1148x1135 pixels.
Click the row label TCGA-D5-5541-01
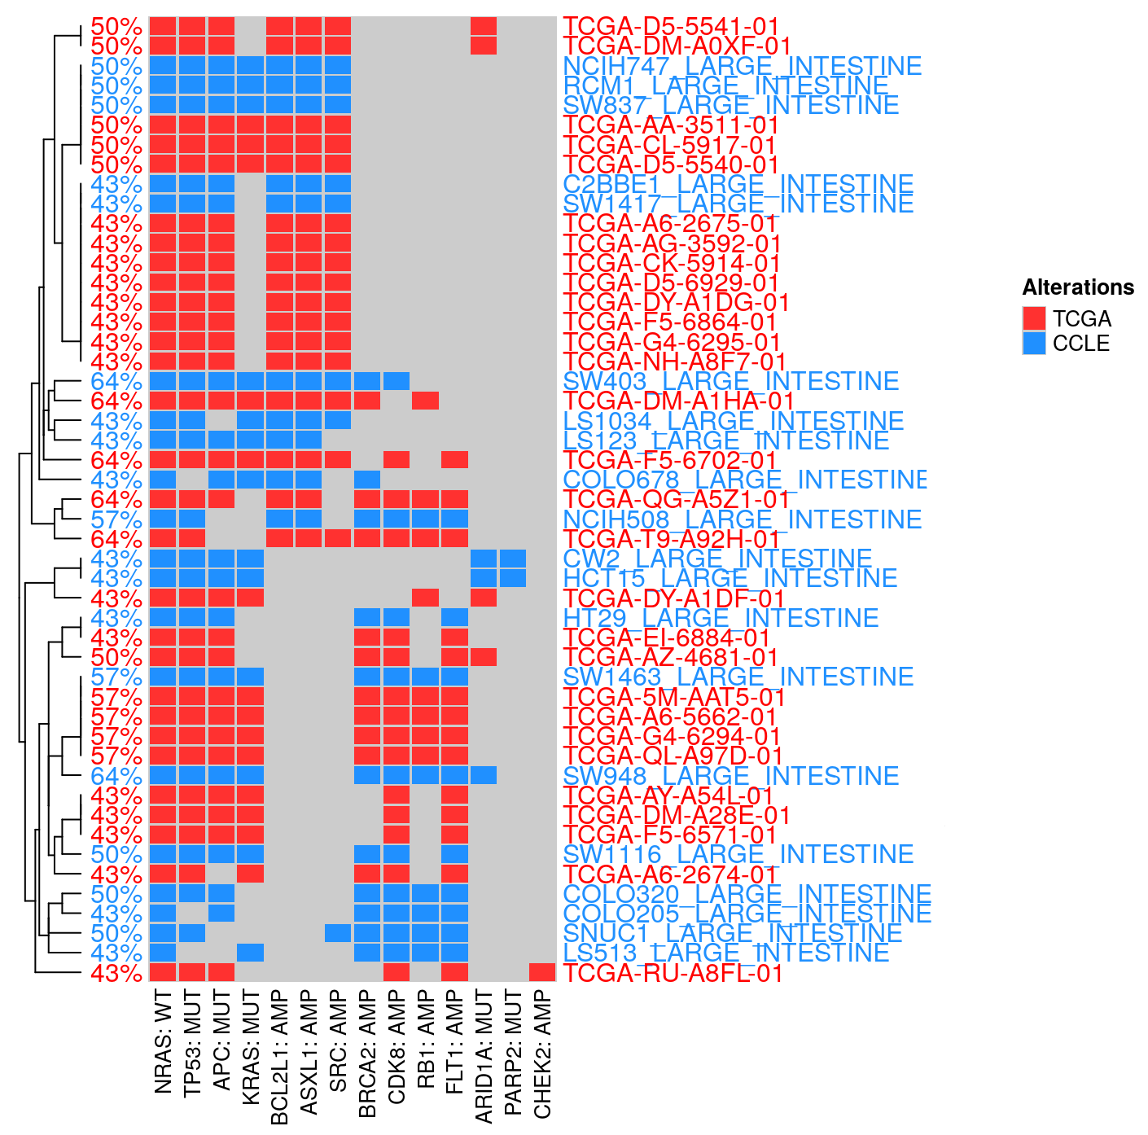671,26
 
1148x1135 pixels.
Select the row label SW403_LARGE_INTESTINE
730,381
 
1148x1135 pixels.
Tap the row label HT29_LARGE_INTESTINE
721,618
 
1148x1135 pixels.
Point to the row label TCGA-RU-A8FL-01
673,973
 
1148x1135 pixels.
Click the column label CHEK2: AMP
542,1054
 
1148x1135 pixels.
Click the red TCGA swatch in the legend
1034,318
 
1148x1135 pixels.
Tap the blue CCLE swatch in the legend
1034,343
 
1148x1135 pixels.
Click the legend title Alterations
1078,287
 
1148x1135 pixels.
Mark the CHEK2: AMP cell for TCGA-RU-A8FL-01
542,972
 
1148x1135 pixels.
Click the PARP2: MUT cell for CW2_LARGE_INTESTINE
513,559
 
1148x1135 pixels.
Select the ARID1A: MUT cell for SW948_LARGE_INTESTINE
484,775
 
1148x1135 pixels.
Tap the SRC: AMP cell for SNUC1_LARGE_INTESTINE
338,933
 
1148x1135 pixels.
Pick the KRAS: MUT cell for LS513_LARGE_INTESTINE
251,953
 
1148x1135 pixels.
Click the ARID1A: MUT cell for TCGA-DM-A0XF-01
484,46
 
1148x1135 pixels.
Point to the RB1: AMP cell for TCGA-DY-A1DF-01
426,598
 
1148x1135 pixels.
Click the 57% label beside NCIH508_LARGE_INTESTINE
116,519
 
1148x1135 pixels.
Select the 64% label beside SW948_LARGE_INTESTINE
116,775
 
